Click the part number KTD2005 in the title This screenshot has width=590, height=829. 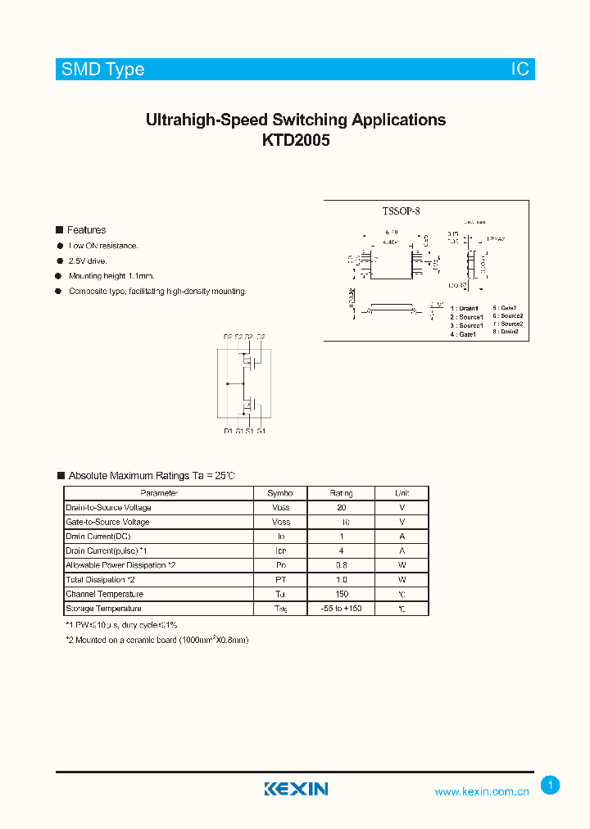[x=295, y=140]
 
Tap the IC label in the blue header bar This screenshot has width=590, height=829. [x=520, y=70]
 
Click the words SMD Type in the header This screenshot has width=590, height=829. [x=103, y=70]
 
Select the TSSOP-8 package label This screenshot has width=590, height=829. [x=401, y=211]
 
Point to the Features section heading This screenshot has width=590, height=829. [x=86, y=230]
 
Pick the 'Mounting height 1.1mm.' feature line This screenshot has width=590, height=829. [x=111, y=276]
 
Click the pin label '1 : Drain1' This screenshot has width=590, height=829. [x=465, y=308]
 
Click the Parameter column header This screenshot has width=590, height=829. [x=159, y=493]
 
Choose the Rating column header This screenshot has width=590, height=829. [x=341, y=493]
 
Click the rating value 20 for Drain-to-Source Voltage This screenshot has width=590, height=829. [x=341, y=508]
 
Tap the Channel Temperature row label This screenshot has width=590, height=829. [x=104, y=594]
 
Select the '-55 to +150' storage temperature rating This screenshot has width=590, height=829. [x=341, y=609]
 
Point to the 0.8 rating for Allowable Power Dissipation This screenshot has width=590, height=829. [x=341, y=565]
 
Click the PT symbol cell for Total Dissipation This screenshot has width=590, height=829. [x=280, y=580]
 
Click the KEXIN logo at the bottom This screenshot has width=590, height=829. [x=296, y=789]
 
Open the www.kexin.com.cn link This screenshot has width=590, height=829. [x=482, y=791]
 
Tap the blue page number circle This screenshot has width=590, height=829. [x=551, y=786]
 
